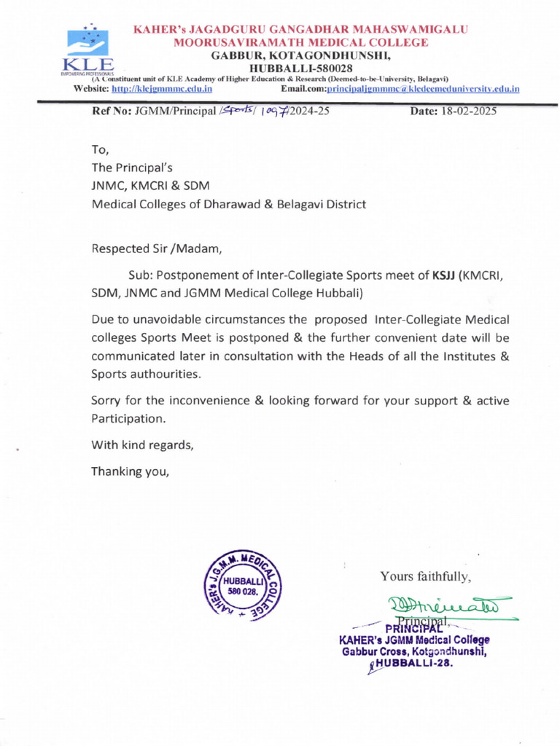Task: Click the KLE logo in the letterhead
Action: [87, 51]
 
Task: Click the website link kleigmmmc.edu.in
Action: [160, 89]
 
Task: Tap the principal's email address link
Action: [423, 89]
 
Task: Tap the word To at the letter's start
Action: [99, 151]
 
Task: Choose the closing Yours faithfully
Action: [426, 577]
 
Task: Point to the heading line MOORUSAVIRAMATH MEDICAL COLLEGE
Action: [300, 42]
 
